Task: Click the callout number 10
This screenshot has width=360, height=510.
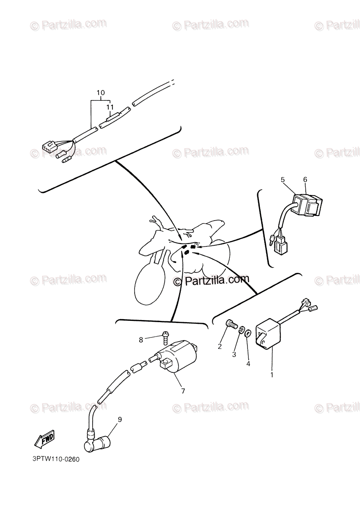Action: pyautogui.click(x=101, y=93)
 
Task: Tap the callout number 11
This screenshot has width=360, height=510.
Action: pyautogui.click(x=110, y=107)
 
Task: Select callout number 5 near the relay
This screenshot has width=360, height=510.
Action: pyautogui.click(x=283, y=180)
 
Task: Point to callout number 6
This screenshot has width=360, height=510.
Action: pyautogui.click(x=305, y=180)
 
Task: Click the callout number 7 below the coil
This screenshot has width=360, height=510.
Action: pyautogui.click(x=183, y=391)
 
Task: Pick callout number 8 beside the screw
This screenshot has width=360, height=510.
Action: pyautogui.click(x=141, y=340)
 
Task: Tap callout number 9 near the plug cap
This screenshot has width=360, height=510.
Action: pyautogui.click(x=120, y=419)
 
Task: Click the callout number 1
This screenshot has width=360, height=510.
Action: pyautogui.click(x=272, y=374)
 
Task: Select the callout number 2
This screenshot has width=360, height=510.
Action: pyautogui.click(x=219, y=346)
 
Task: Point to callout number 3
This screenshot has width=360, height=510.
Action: pyautogui.click(x=234, y=354)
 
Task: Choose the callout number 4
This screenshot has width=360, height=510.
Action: pyautogui.click(x=248, y=364)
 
